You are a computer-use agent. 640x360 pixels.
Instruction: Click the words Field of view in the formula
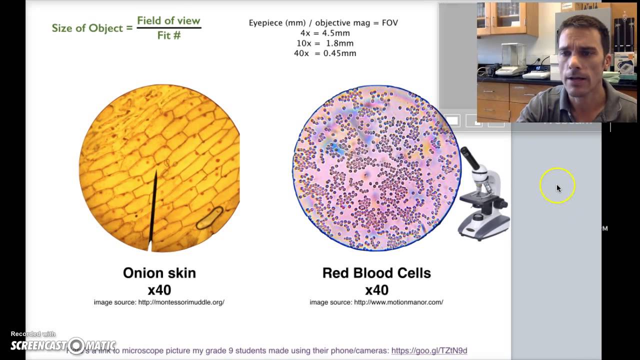point(168,20)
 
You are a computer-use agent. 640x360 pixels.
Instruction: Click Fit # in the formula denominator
point(168,35)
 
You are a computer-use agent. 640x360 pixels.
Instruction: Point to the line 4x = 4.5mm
point(325,33)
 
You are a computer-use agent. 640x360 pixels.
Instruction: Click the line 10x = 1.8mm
point(325,43)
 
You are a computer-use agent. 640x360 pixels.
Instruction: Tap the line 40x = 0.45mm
point(325,53)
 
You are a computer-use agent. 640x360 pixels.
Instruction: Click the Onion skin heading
point(159,273)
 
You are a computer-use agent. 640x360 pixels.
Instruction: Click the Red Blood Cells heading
point(376,273)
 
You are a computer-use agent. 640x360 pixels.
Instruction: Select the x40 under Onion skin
point(159,290)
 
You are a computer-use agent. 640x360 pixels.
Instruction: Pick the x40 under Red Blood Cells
point(376,290)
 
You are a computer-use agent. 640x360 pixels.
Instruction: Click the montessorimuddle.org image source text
point(159,302)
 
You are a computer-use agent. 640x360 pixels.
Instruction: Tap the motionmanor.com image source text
point(376,302)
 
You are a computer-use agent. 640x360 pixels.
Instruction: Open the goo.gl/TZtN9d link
point(429,350)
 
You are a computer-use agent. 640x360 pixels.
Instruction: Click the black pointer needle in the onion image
point(153,210)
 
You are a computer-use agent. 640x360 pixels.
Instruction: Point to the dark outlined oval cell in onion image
point(209,218)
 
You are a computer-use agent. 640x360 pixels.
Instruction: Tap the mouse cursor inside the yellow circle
point(558,188)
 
